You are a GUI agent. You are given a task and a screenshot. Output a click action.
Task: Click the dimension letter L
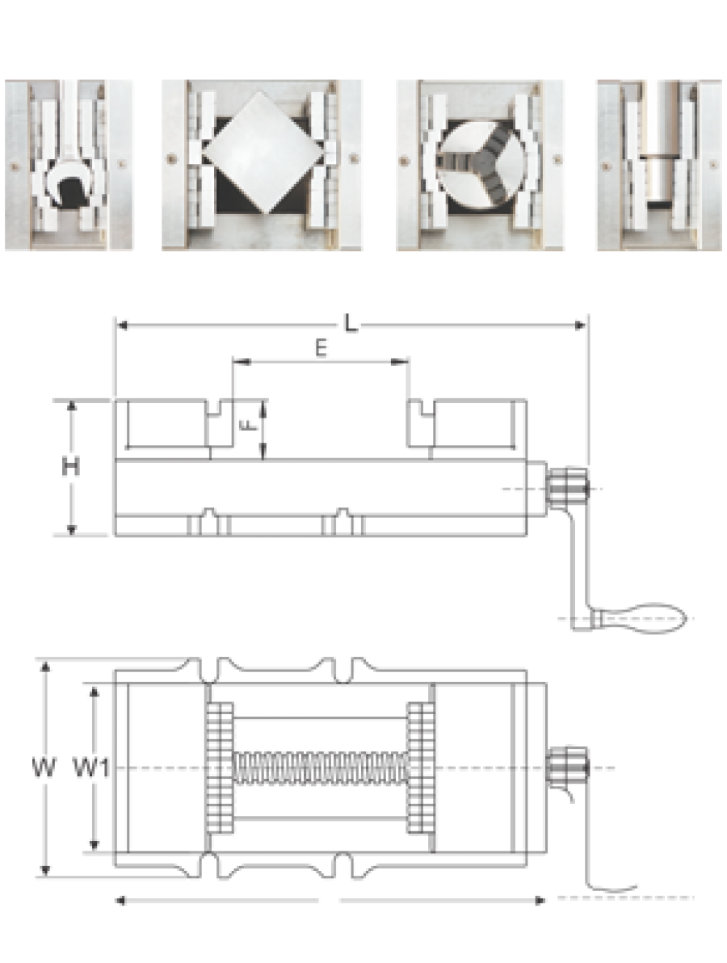[350, 323]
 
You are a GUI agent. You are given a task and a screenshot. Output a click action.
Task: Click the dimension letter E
[321, 348]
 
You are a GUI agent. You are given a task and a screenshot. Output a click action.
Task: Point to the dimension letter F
[250, 425]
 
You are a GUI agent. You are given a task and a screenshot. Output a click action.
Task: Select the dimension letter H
[70, 468]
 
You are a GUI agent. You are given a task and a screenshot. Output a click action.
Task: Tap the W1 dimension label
[91, 767]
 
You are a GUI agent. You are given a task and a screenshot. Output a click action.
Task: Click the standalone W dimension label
[44, 767]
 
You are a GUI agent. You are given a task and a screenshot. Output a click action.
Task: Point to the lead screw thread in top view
[321, 767]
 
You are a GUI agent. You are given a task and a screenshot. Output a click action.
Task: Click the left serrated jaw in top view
[220, 767]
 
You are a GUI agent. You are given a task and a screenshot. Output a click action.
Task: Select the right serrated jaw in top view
[421, 767]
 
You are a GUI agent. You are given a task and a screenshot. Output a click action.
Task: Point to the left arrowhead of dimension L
[122, 324]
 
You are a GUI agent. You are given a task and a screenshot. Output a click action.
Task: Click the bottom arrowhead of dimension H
[71, 529]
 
